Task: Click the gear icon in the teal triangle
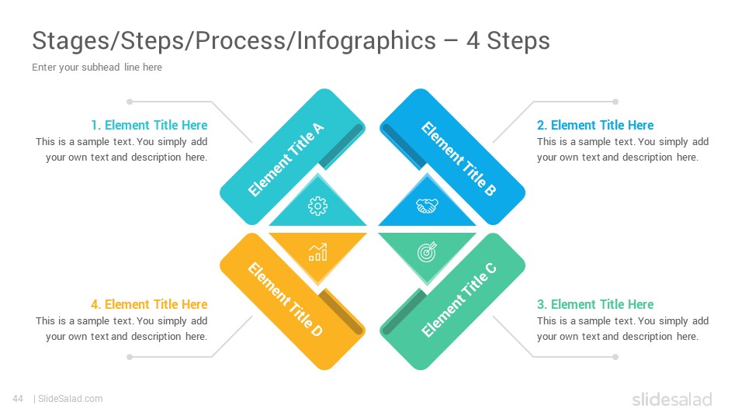317,206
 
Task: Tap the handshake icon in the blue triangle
427,206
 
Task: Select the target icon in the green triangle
427,251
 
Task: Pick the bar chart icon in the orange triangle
317,252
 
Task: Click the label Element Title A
286,159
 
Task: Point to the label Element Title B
459,158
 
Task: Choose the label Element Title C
459,300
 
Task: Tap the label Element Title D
285,300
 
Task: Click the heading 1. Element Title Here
149,125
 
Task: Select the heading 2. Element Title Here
595,125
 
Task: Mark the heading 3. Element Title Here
595,304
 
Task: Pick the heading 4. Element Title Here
149,304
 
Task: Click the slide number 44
18,399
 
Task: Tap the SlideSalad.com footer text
71,399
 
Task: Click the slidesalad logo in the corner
672,400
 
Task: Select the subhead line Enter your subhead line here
97,67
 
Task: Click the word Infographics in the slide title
366,40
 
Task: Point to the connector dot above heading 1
130,102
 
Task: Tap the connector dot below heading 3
615,357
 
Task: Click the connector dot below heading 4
130,357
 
